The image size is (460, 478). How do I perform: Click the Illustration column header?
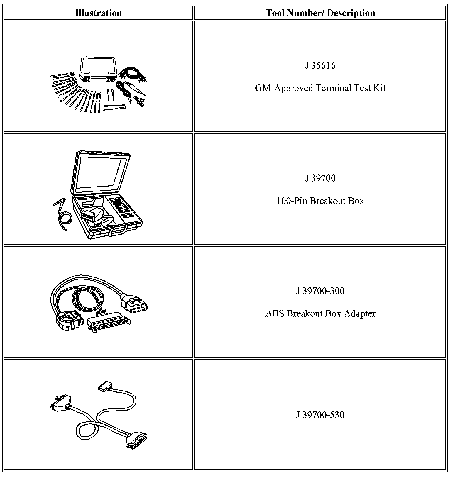pyautogui.click(x=98, y=13)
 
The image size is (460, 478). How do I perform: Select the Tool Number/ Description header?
pyautogui.click(x=320, y=13)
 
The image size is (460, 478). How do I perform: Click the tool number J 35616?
pyautogui.click(x=320, y=66)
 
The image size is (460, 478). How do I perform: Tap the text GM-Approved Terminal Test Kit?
pyautogui.click(x=320, y=88)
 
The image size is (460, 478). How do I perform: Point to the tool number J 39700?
pyautogui.click(x=320, y=178)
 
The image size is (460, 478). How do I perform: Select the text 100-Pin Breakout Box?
pyautogui.click(x=320, y=201)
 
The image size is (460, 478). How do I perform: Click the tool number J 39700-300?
pyautogui.click(x=320, y=291)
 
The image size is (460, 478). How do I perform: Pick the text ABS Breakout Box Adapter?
pyautogui.click(x=320, y=313)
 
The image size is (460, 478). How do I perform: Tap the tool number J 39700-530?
pyautogui.click(x=320, y=415)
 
